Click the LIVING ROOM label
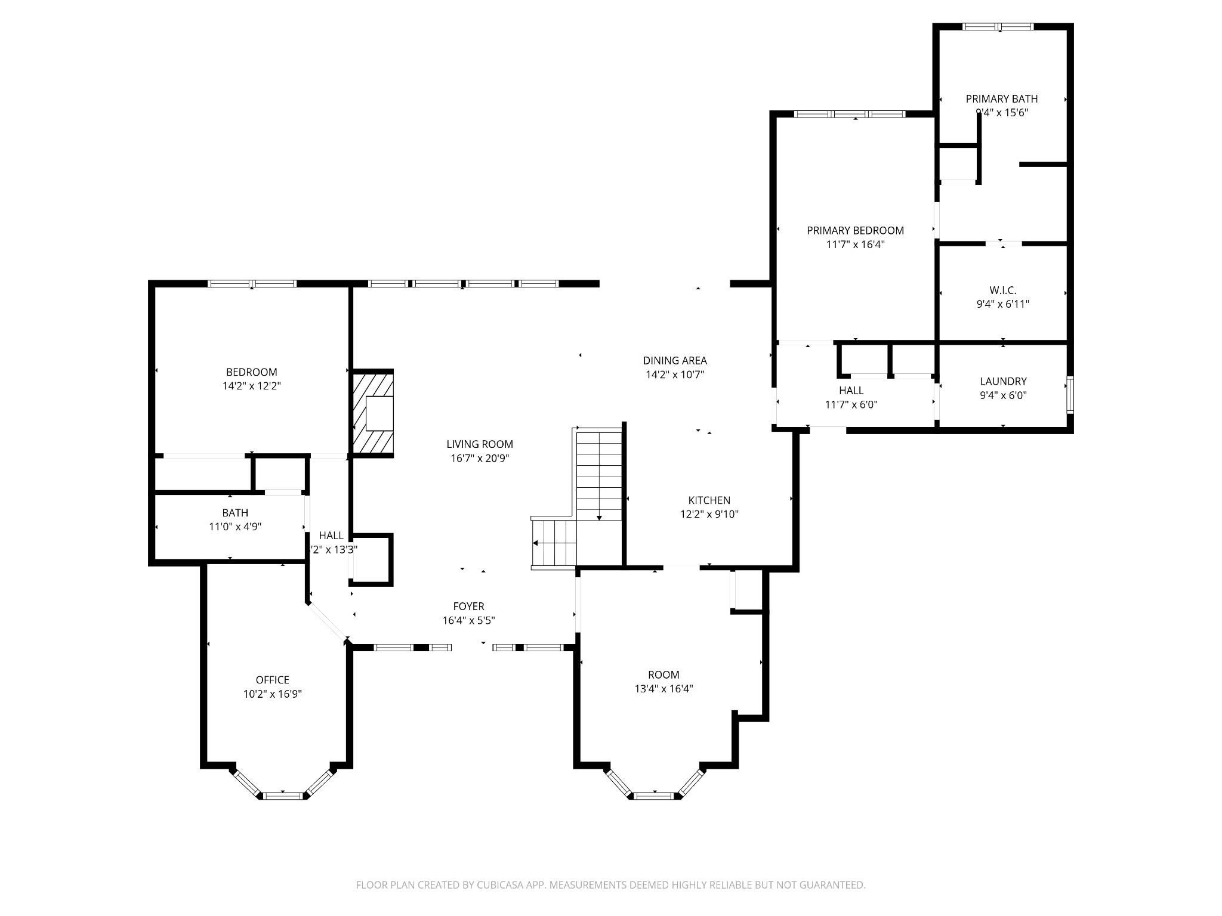(480, 444)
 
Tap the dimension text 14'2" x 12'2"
(251, 386)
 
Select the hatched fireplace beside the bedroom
(373, 413)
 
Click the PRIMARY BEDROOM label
(855, 230)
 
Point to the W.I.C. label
(1002, 290)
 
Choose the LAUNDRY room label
(1003, 381)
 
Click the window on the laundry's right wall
(1070, 395)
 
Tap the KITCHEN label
(709, 500)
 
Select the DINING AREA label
(675, 360)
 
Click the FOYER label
(468, 606)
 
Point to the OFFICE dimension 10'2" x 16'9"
(273, 694)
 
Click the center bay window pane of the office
(283, 795)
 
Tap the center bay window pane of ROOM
(655, 795)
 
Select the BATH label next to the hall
(235, 513)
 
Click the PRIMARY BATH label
(1002, 99)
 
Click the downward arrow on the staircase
(599, 517)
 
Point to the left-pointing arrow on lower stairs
(536, 543)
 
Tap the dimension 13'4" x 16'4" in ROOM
(664, 689)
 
